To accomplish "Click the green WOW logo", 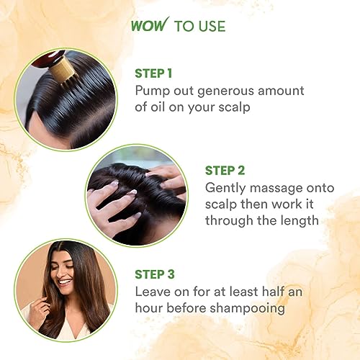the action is [x=150, y=24].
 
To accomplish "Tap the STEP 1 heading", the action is [x=153, y=73].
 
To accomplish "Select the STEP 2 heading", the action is [x=225, y=171].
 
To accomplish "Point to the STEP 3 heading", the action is [x=155, y=274].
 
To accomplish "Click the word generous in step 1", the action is [x=225, y=91].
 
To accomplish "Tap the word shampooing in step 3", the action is [x=247, y=309].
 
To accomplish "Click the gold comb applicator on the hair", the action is [x=63, y=71].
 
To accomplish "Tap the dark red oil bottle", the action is [x=48, y=58].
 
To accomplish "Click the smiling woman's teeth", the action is [x=65, y=282].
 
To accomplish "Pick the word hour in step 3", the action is [x=149, y=308].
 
